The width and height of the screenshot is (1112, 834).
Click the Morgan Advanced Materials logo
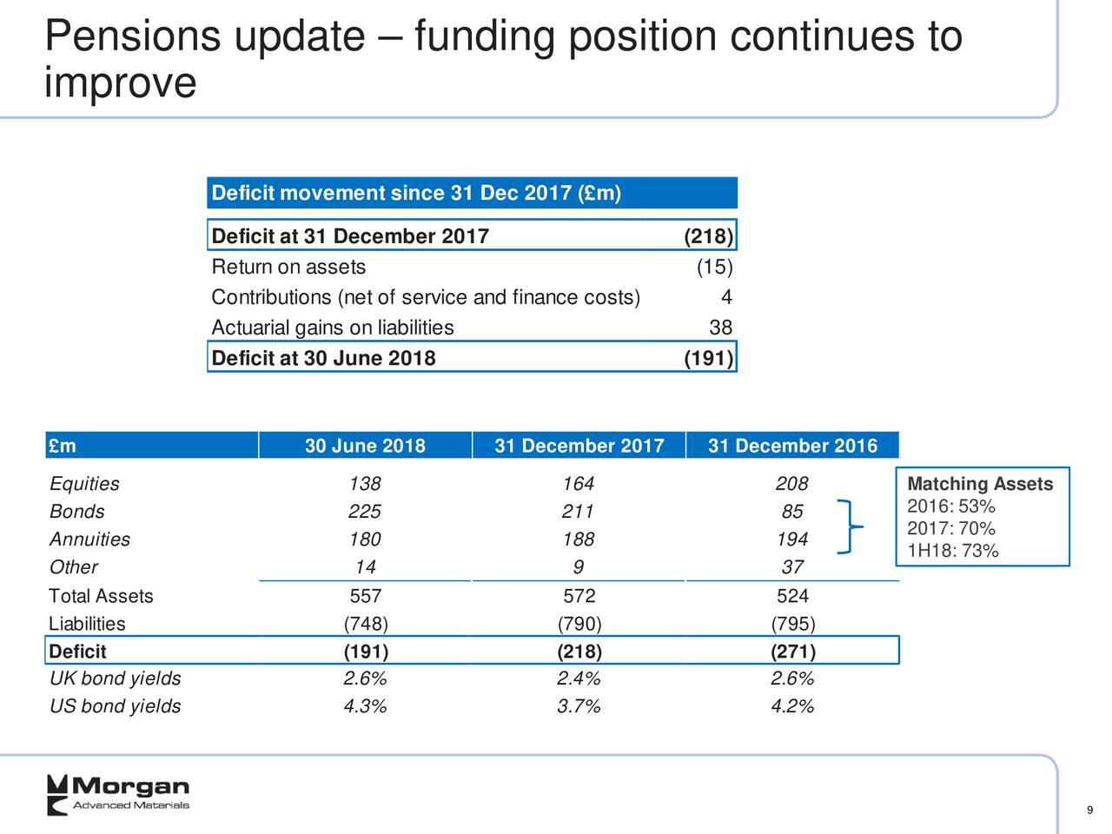click(x=117, y=793)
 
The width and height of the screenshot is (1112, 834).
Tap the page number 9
click(x=1089, y=811)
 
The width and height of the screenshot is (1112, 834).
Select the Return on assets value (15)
click(x=714, y=267)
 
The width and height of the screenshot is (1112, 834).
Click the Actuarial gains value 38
click(x=720, y=328)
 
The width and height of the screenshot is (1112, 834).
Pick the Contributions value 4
click(x=726, y=297)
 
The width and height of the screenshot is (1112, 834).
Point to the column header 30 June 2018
click(x=365, y=446)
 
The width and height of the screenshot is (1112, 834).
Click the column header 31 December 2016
click(x=792, y=446)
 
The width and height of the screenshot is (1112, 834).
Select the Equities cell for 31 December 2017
click(x=578, y=484)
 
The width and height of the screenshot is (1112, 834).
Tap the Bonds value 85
click(x=791, y=512)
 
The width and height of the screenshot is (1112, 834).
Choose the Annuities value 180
click(x=364, y=539)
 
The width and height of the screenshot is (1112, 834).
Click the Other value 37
click(x=791, y=567)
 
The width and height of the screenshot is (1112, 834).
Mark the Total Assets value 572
click(x=579, y=596)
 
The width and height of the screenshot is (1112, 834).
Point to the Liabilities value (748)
click(x=365, y=624)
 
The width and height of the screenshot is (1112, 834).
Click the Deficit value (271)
click(x=792, y=652)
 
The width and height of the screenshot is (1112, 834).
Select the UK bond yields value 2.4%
click(x=579, y=678)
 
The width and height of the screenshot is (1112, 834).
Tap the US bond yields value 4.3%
click(x=365, y=706)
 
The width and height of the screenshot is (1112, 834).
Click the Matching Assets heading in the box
click(x=979, y=484)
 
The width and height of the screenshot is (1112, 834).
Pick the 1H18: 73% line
click(x=952, y=551)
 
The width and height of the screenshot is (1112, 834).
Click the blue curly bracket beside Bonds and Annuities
click(x=850, y=526)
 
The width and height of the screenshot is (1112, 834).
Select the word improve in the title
click(x=120, y=83)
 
